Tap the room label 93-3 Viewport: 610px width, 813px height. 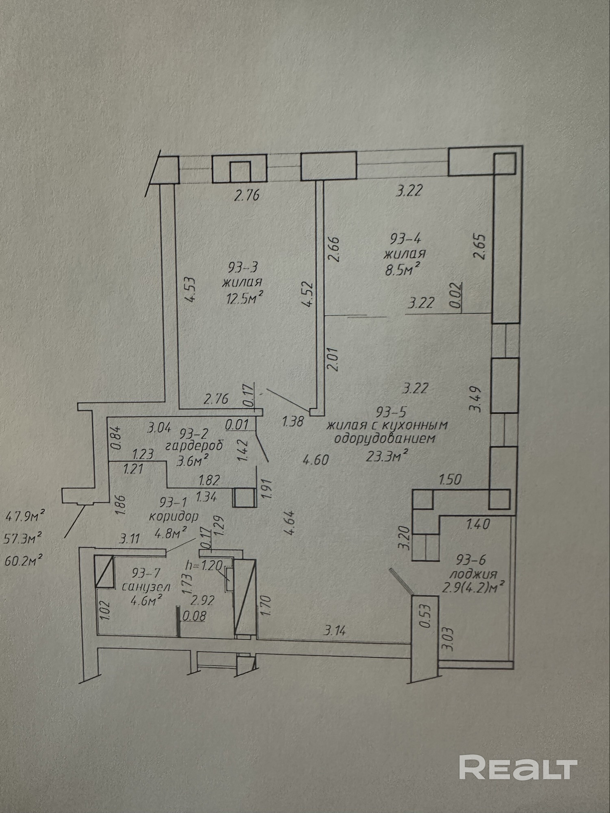point(243,267)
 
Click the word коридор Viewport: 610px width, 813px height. point(174,517)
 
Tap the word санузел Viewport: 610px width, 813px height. point(146,587)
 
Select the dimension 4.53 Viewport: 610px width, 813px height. point(190,289)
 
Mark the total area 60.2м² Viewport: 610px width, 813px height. point(24,561)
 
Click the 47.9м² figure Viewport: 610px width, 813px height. point(24,517)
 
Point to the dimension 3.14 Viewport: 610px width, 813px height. point(335,631)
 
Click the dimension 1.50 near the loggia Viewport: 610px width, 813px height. point(450,479)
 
